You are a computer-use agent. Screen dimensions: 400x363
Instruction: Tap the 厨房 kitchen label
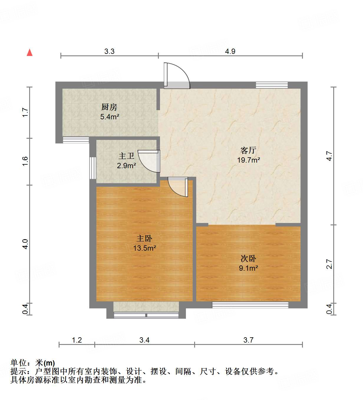pos(109,107)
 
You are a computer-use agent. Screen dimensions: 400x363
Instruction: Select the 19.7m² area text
pos(248,160)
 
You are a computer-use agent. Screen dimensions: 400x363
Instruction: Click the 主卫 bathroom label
pos(126,156)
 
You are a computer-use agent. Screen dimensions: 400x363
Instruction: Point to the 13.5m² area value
pos(144,248)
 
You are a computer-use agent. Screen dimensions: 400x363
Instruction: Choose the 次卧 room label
pos(248,259)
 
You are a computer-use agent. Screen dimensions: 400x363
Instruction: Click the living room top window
pos(271,85)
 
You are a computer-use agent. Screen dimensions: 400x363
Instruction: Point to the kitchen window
pos(76,140)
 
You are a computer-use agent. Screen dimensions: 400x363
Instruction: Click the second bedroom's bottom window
pos(250,305)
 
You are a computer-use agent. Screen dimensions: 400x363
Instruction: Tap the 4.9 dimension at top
pos(230,52)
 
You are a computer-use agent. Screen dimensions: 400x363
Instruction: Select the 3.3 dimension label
pos(109,52)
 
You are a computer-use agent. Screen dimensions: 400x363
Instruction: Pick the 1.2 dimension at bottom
pos(77,340)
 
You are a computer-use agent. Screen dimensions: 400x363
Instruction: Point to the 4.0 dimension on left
pos(25,244)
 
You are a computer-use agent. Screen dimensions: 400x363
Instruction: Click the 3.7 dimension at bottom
pos(248,340)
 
